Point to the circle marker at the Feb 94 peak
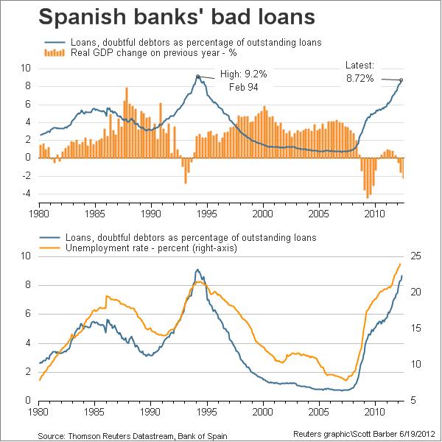198,76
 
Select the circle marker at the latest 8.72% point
401,80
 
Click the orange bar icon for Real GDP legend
53,52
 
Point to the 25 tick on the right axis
416,256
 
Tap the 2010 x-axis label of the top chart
376,214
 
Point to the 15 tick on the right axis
416,328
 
